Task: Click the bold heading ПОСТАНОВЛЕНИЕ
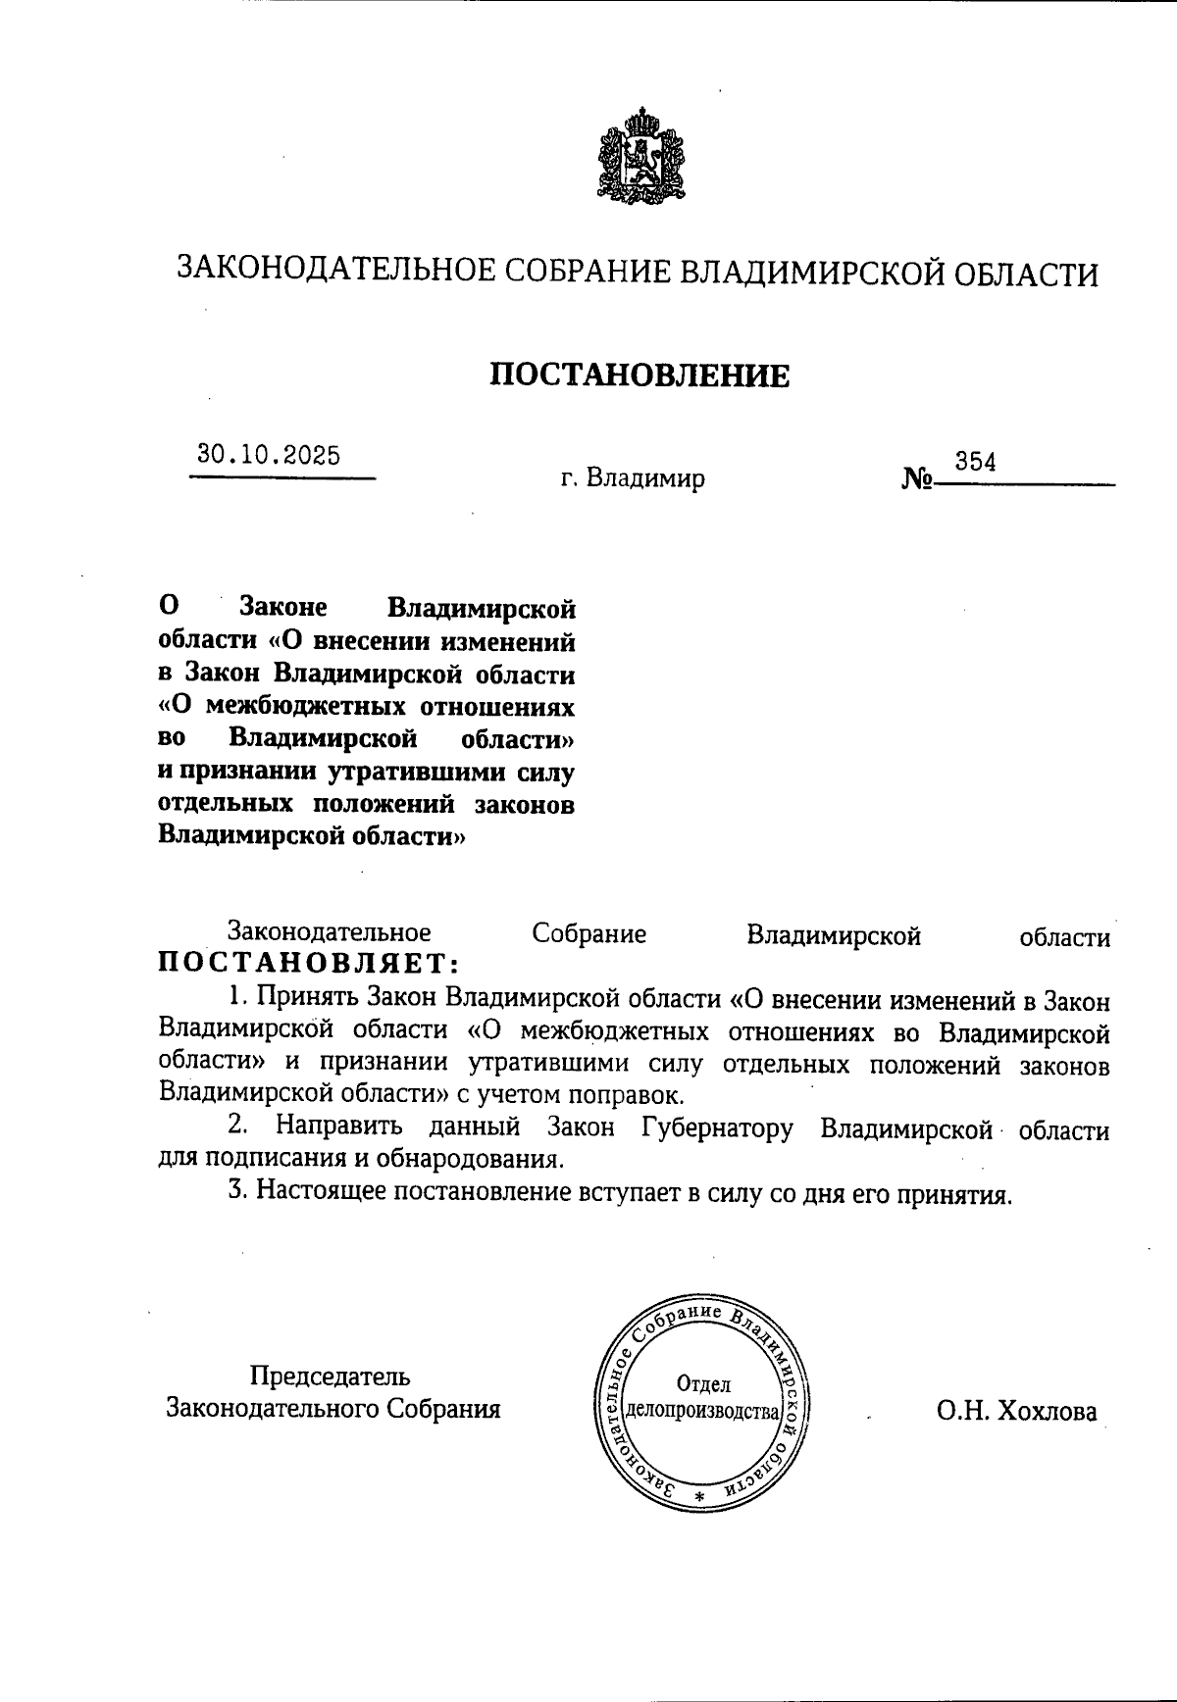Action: point(640,375)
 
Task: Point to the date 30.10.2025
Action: point(269,455)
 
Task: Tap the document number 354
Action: point(976,462)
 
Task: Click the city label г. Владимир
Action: point(634,479)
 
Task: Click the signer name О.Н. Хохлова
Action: point(1017,1412)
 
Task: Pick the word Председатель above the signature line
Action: point(331,1377)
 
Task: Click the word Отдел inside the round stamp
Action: point(703,1384)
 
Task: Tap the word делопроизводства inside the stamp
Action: point(703,1412)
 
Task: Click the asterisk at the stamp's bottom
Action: point(699,1497)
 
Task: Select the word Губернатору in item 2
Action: point(717,1129)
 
